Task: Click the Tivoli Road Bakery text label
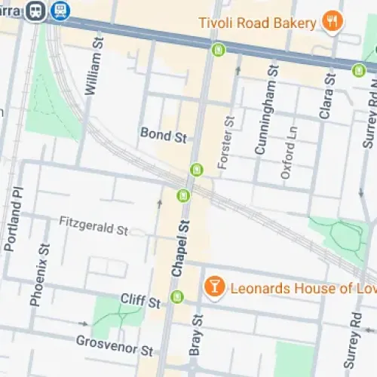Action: coord(257,23)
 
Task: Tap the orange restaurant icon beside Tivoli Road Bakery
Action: coord(331,23)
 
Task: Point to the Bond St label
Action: coord(163,133)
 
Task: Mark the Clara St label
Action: coord(326,96)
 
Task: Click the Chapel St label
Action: coord(179,248)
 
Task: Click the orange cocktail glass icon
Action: coord(214,287)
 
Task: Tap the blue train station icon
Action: coord(60,10)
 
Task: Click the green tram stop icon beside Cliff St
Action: coord(177,296)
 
